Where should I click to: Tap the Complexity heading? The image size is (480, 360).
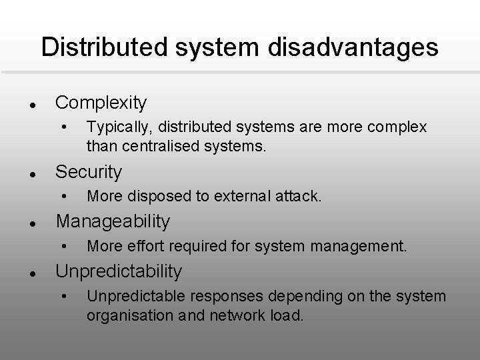(101, 103)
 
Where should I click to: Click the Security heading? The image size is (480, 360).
(89, 172)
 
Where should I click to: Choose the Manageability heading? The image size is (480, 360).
(113, 221)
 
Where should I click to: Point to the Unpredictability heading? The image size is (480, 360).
(118, 271)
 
